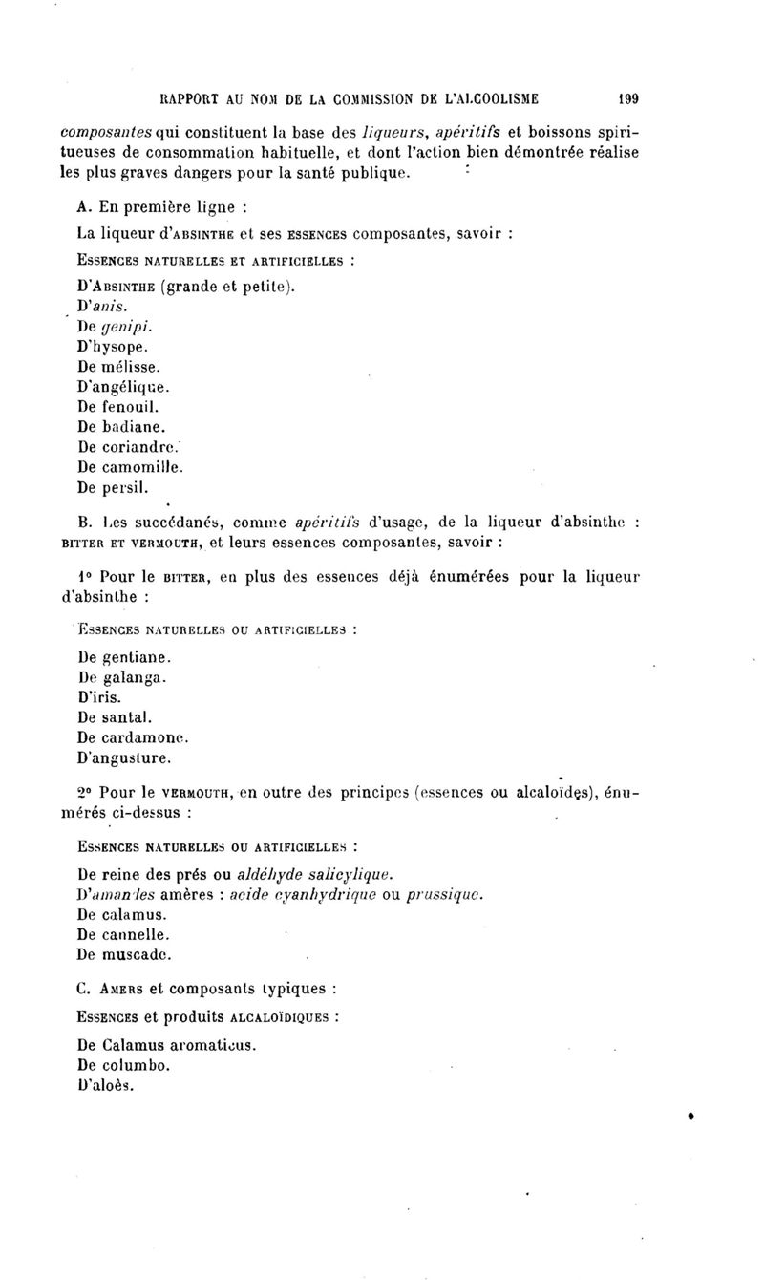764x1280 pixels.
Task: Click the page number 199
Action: click(x=627, y=96)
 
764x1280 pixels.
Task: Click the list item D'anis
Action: click(x=99, y=306)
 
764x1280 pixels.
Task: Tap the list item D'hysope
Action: click(x=110, y=347)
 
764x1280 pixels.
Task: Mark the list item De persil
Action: click(x=106, y=487)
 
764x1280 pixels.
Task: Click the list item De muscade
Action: click(x=115, y=954)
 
